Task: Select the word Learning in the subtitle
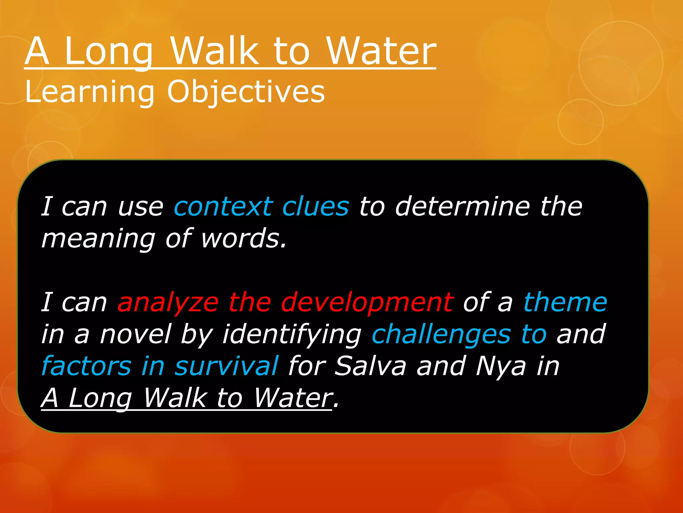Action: point(90,92)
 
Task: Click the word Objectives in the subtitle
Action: point(246,92)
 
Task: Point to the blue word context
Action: point(223,206)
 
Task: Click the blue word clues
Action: point(315,206)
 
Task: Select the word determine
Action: point(462,206)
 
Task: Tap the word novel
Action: point(135,334)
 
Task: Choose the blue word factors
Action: point(86,366)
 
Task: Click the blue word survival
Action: point(226,366)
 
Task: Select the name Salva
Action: point(371,366)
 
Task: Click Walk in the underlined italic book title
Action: point(175,398)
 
